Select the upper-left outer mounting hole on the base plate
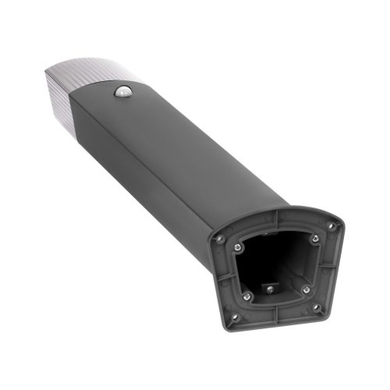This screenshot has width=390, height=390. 221,237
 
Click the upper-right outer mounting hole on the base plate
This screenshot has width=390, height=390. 330,225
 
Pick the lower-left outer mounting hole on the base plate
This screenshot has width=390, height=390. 232,316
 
